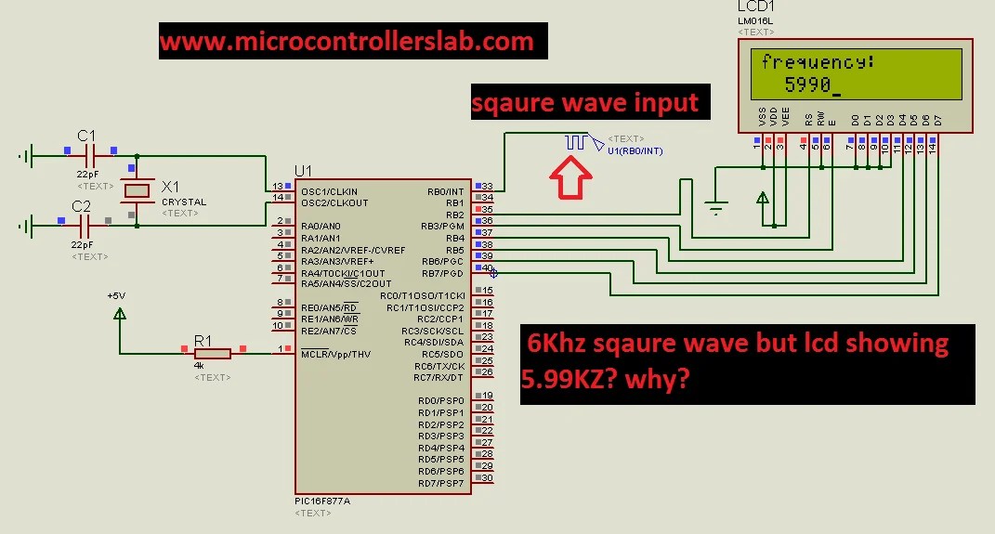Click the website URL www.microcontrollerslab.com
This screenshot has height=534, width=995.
tap(347, 42)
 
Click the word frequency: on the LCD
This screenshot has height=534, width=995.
tap(818, 63)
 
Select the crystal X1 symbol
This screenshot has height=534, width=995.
tap(137, 190)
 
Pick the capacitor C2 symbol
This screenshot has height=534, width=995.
tap(85, 225)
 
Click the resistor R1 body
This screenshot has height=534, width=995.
tap(212, 352)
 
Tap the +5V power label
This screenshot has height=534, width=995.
tap(115, 295)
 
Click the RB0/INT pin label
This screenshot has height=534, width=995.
tap(445, 191)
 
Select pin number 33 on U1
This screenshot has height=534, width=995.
tap(487, 187)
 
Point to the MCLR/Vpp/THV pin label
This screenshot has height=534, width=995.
tap(335, 354)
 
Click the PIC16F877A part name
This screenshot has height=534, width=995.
tap(322, 501)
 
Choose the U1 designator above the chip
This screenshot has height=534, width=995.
tap(303, 171)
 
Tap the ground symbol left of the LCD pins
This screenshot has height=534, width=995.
tap(716, 209)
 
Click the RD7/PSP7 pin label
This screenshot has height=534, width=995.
tap(440, 483)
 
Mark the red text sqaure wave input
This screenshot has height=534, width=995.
tap(585, 101)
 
